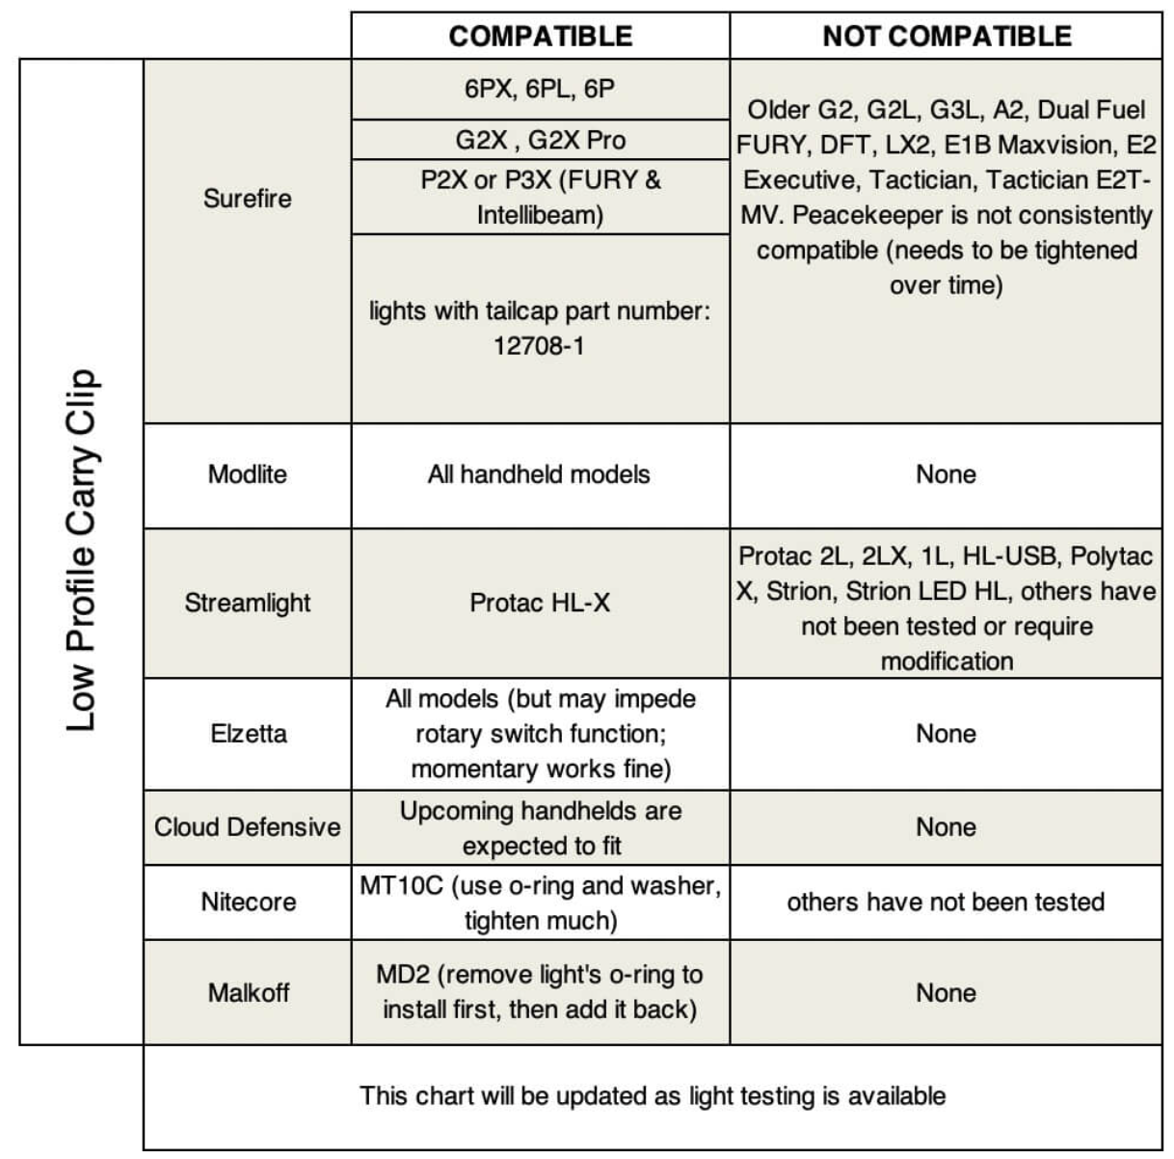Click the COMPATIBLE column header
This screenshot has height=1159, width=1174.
pyautogui.click(x=540, y=37)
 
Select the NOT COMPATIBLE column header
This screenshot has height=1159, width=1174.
pyautogui.click(x=947, y=37)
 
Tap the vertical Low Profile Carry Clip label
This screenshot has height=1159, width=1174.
pyautogui.click(x=81, y=551)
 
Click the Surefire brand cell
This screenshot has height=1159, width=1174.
pyautogui.click(x=247, y=199)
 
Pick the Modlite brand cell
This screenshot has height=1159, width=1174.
pyautogui.click(x=247, y=474)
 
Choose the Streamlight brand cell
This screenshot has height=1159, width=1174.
pyautogui.click(x=247, y=604)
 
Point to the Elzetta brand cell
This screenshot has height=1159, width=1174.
pyautogui.click(x=247, y=734)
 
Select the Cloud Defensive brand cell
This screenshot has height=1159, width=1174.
pyautogui.click(x=247, y=827)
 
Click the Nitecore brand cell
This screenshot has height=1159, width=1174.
pyautogui.click(x=247, y=903)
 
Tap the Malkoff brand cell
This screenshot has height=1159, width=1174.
pyautogui.click(x=247, y=993)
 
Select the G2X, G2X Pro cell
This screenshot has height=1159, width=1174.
pyautogui.click(x=540, y=140)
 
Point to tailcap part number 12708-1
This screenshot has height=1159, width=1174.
pyautogui.click(x=540, y=346)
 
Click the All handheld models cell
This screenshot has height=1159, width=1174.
pyautogui.click(x=540, y=474)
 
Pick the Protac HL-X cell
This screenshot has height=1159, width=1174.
pyautogui.click(x=540, y=604)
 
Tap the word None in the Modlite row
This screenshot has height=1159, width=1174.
pyautogui.click(x=946, y=474)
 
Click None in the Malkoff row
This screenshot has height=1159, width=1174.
pyautogui.click(x=946, y=993)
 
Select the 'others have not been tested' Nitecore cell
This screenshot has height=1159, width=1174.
pyautogui.click(x=946, y=903)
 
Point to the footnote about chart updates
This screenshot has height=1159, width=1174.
pyautogui.click(x=653, y=1096)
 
